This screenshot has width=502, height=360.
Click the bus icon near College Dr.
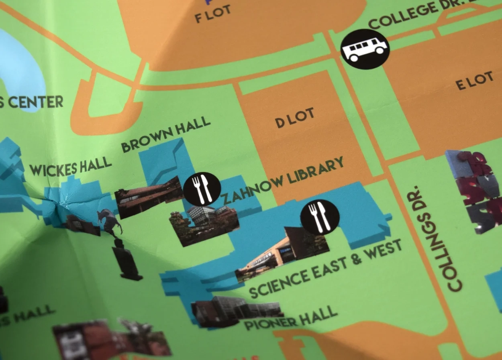pos(365,49)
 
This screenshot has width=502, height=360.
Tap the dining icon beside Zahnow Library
pos(202,189)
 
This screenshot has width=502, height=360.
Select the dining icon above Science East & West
pos(320,217)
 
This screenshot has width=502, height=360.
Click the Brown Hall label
pos(166,134)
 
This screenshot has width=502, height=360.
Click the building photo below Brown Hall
pos(149,196)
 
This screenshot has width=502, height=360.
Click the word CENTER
pos(36,102)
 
